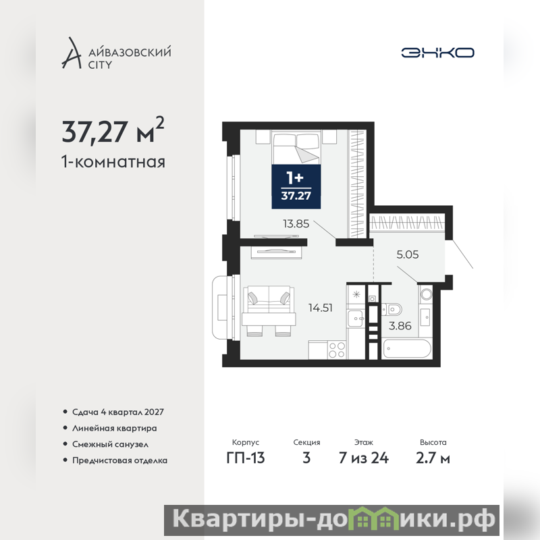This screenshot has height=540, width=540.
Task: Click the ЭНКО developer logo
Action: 437,53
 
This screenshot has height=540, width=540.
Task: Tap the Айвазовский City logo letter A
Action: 72,53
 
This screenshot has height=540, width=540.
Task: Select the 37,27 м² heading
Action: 113,130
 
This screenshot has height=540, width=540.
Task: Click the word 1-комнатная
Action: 113,161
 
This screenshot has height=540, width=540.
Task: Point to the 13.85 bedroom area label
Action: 296,224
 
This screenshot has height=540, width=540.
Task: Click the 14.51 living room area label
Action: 320,308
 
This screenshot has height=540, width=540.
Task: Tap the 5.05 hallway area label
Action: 408,254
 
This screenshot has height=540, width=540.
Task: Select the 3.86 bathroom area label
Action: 400,326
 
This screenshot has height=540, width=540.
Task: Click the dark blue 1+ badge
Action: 296,187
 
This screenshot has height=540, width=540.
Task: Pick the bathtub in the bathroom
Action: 407,348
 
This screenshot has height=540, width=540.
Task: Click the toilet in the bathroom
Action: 392,310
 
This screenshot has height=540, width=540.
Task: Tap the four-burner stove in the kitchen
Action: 337,350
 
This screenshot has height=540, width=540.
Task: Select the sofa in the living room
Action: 269,300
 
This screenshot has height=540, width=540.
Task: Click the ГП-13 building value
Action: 246,458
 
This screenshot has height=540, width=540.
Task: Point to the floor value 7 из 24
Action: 364,458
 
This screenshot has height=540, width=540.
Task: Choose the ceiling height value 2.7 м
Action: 433,458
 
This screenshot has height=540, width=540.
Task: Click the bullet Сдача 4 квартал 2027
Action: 113,412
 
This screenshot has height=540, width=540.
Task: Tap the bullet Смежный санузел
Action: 106,444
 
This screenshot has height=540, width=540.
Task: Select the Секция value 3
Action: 306,458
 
